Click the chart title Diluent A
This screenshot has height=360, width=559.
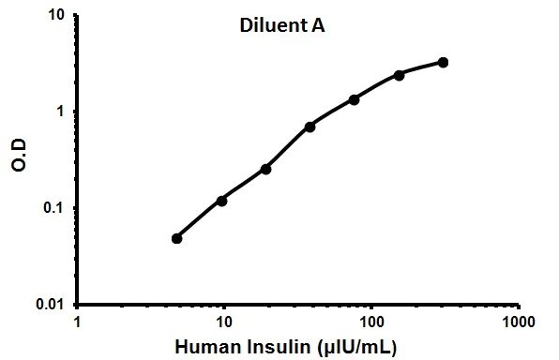pyautogui.click(x=279, y=27)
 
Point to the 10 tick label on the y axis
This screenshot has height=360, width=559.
pyautogui.click(x=55, y=16)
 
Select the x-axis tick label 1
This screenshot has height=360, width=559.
pyautogui.click(x=78, y=322)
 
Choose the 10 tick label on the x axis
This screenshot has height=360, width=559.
pyautogui.click(x=223, y=322)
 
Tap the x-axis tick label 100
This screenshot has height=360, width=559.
pyautogui.click(x=370, y=322)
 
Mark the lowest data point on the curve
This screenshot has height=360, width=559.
pyautogui.click(x=176, y=238)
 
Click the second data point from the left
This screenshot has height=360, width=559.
pyautogui.click(x=222, y=200)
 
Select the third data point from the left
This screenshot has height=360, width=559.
pyautogui.click(x=265, y=169)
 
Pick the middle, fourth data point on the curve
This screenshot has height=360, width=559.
pyautogui.click(x=310, y=126)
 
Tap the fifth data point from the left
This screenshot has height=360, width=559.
pyautogui.click(x=355, y=99)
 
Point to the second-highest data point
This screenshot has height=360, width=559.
pyautogui.click(x=399, y=75)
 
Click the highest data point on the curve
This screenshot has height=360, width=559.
pyautogui.click(x=443, y=63)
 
